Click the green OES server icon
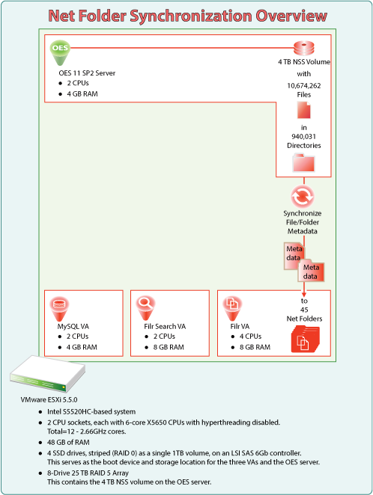60,52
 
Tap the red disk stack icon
304,49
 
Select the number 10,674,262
304,85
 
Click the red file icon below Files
304,110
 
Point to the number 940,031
303,136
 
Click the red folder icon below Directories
303,162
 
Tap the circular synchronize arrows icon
303,197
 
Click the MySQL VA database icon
59,308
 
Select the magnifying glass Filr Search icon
146,308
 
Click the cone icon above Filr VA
232,308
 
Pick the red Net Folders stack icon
305,339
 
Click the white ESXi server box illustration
47,373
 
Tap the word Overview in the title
291,16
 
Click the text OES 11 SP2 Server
87,73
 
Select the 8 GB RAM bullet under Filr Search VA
169,347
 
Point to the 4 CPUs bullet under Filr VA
250,336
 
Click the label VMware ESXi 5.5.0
49,399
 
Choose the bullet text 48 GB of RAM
68,442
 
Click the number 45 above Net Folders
304,310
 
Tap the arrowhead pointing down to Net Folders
304,294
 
